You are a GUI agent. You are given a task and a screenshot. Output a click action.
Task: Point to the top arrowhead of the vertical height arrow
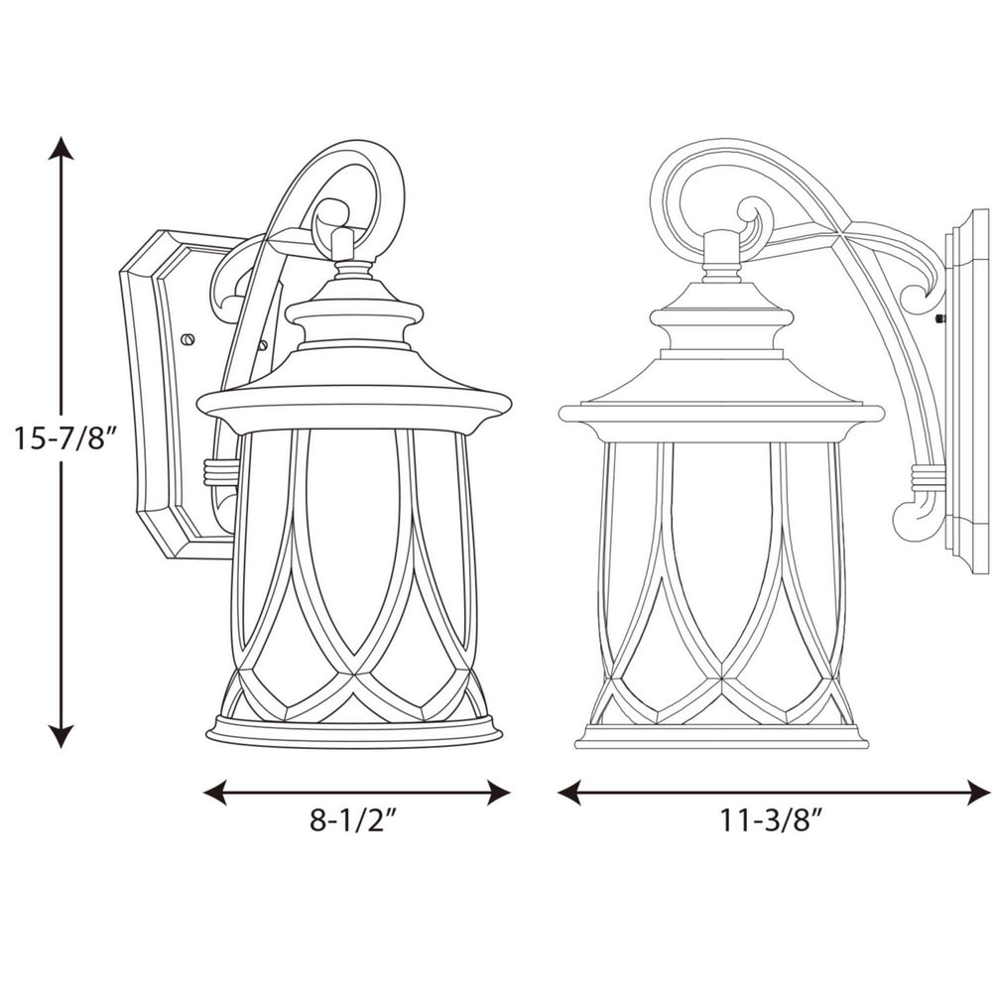coord(62,149)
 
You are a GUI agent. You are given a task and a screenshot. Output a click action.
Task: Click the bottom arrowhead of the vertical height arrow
coord(62,736)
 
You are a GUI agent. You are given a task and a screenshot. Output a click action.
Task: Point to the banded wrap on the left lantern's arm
coord(221,471)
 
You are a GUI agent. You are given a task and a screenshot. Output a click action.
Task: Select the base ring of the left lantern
coord(354,731)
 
